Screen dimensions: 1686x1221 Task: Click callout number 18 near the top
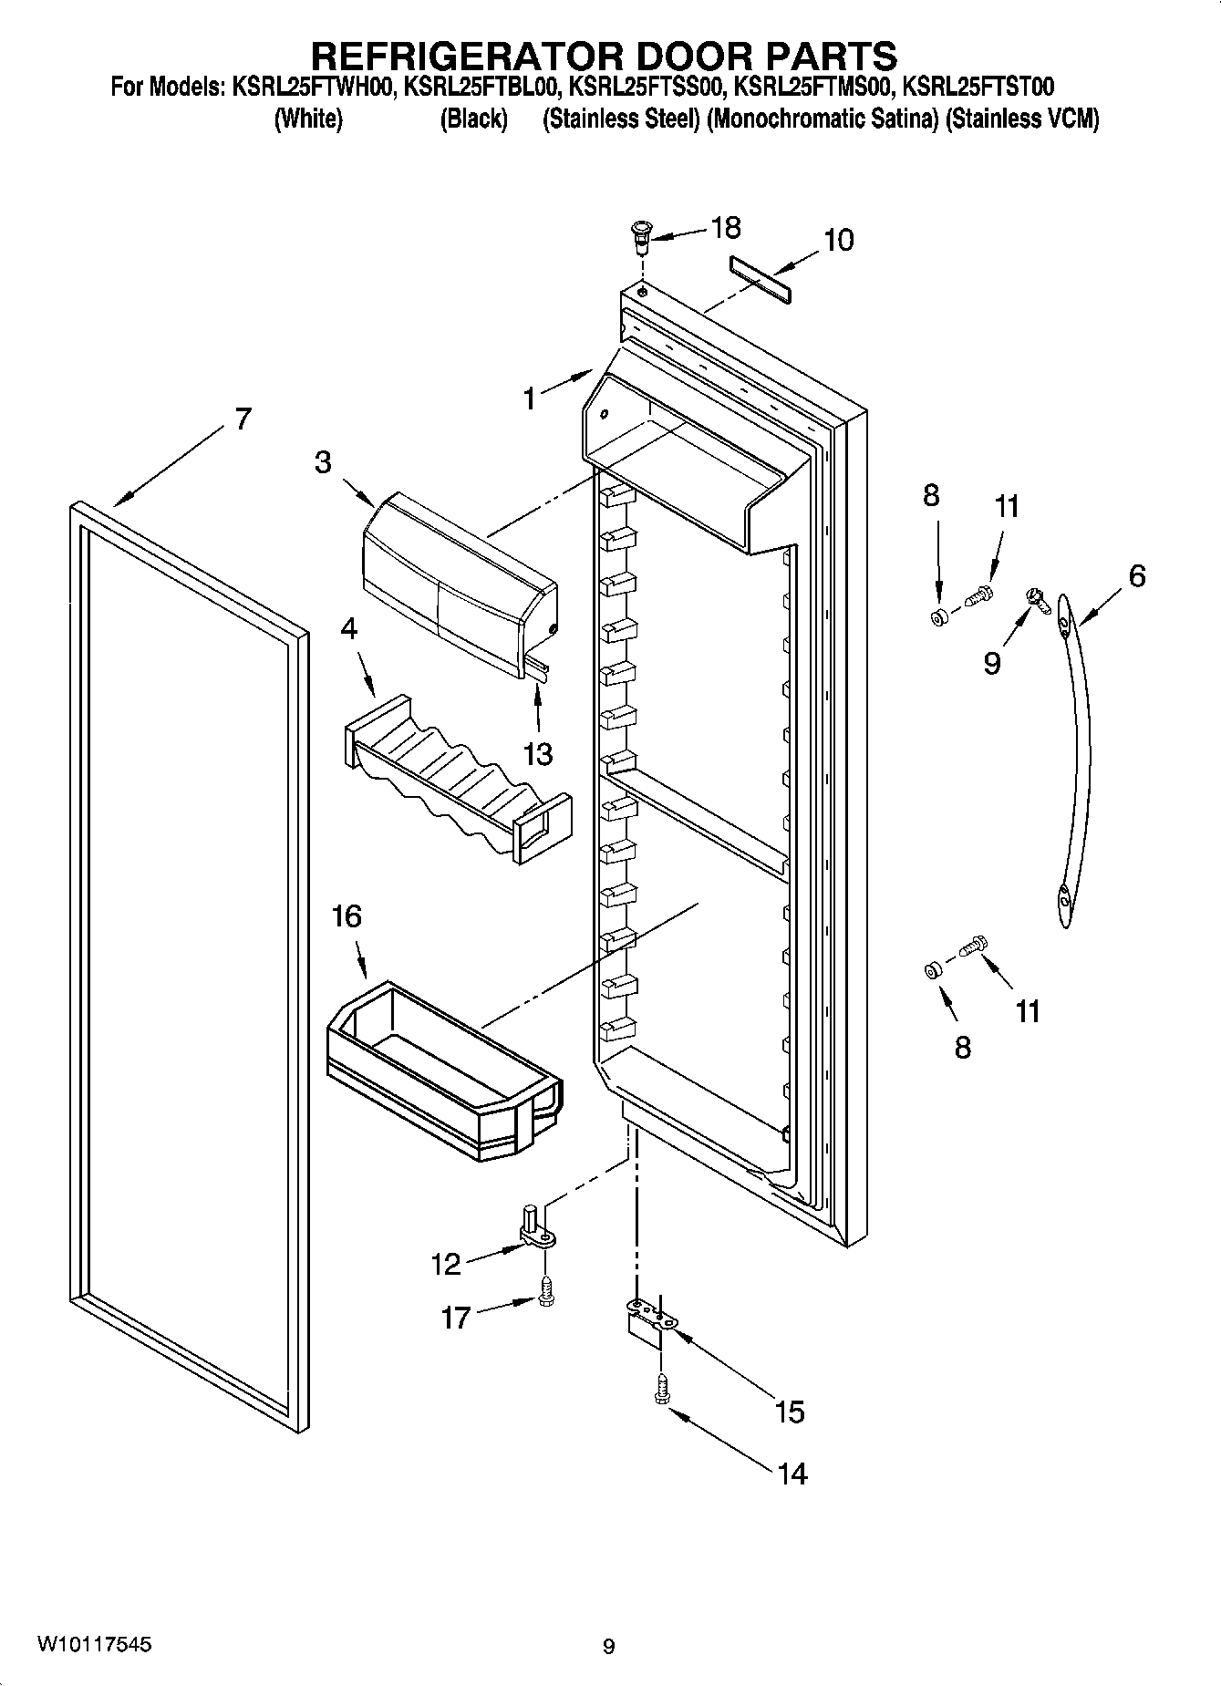(726, 228)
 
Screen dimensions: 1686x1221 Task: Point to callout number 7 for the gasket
(242, 419)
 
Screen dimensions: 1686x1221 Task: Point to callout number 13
(538, 754)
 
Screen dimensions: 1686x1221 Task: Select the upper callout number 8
(930, 495)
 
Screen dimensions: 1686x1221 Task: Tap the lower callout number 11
(1028, 1011)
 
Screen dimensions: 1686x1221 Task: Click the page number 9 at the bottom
(608, 1647)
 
